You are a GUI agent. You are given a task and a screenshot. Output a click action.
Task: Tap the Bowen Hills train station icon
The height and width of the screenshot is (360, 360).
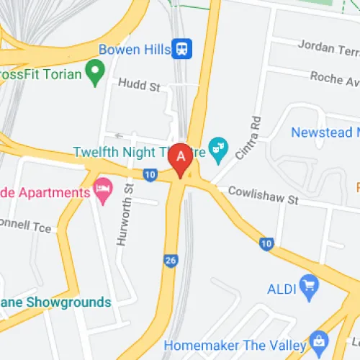coord(183,49)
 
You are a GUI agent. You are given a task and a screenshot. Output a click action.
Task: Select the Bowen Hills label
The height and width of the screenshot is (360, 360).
coord(135,50)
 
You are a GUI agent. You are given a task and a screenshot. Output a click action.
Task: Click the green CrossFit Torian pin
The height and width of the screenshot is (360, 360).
coord(94,71)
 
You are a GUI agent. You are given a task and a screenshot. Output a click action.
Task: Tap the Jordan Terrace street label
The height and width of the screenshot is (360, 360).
coord(328,48)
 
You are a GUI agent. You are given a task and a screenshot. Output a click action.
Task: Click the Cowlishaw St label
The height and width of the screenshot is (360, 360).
coord(262,195)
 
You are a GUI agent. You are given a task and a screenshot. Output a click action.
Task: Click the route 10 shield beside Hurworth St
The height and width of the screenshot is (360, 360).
coord(150,174)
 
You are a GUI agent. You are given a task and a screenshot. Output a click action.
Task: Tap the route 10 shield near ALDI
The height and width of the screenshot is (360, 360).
coord(266,244)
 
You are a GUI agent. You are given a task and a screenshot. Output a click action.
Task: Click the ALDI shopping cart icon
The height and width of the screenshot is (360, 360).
coord(310,282)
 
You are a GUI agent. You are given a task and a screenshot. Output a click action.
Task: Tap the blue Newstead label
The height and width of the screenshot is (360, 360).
coord(325,133)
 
